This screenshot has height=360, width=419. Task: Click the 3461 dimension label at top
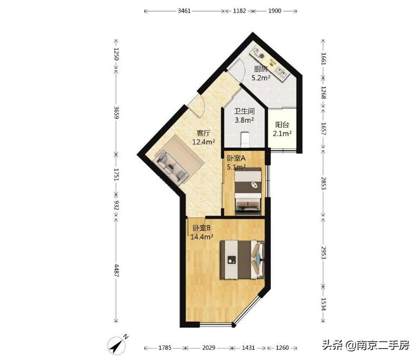185,11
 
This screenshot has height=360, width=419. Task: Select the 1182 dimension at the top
238,11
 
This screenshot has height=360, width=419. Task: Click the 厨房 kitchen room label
261,69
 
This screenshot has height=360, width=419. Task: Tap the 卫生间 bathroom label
244,111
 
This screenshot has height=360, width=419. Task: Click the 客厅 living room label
203,133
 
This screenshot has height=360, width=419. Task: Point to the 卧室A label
236,158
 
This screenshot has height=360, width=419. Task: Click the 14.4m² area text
201,237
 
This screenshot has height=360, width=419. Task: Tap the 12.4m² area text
203,142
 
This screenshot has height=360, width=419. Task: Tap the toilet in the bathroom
246,138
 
